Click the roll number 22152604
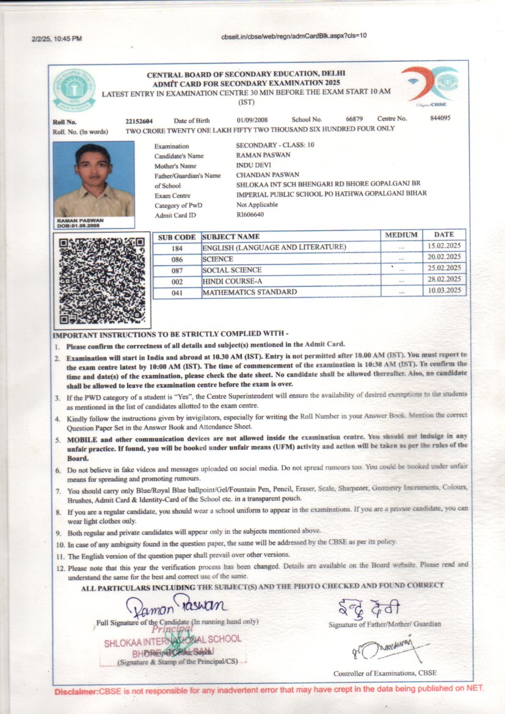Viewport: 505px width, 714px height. tap(139, 120)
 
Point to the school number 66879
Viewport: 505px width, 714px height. tap(354, 119)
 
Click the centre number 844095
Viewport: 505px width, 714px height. tap(440, 118)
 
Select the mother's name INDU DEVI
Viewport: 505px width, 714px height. tap(252, 166)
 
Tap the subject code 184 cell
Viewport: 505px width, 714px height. tap(177, 248)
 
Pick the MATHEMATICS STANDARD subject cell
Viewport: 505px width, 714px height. tap(250, 292)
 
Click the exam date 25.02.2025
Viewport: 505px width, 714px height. tap(445, 268)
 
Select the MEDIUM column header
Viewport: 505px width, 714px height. tap(401, 235)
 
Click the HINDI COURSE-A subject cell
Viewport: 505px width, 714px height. tap(232, 281)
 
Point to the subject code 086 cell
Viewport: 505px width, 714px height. tap(177, 259)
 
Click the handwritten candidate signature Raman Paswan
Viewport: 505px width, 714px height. tap(176, 606)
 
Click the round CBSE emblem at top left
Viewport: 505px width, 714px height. tap(74, 88)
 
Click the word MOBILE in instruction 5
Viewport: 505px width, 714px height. tap(82, 439)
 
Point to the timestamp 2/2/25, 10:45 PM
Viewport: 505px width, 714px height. tap(56, 38)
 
